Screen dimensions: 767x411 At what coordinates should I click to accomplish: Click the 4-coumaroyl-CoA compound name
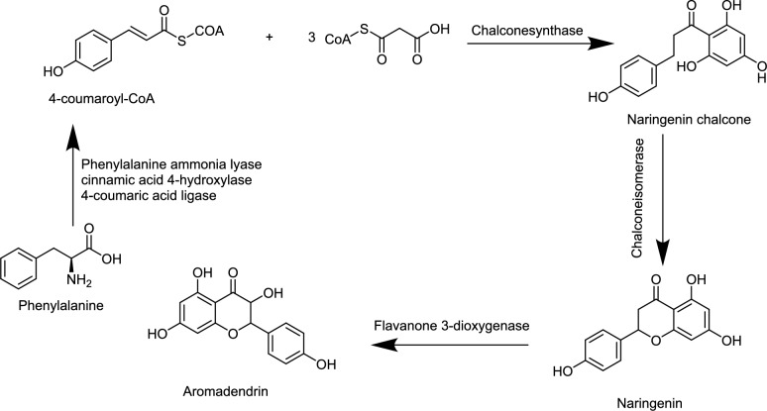[x=101, y=99]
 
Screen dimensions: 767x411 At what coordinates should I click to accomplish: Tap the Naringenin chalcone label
[x=689, y=120]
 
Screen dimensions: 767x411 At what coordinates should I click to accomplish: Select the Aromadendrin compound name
[x=226, y=391]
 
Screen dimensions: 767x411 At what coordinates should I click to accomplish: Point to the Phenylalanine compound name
[x=61, y=306]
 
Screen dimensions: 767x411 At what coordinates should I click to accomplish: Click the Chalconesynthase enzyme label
[x=527, y=31]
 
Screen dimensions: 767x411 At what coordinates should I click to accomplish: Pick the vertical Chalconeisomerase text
[x=637, y=198]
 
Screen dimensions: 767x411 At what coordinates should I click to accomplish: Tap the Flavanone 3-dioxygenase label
[x=452, y=326]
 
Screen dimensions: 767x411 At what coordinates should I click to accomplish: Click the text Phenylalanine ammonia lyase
[x=171, y=164]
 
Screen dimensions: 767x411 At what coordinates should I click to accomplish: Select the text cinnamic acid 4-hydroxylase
[x=166, y=180]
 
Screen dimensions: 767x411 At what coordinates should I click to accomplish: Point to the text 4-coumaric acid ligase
[x=149, y=195]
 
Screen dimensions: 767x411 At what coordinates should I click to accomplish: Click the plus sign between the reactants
[x=269, y=38]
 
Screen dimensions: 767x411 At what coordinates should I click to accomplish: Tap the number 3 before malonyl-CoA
[x=311, y=38]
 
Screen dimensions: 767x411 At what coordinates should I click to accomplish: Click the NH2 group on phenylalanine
[x=79, y=280]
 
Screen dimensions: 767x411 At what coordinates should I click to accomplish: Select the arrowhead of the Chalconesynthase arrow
[x=600, y=44]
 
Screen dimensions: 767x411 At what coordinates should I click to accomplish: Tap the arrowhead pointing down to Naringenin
[x=663, y=251]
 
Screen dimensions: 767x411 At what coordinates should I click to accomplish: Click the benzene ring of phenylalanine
[x=19, y=270]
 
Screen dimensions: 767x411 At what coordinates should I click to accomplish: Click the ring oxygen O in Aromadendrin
[x=233, y=334]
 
